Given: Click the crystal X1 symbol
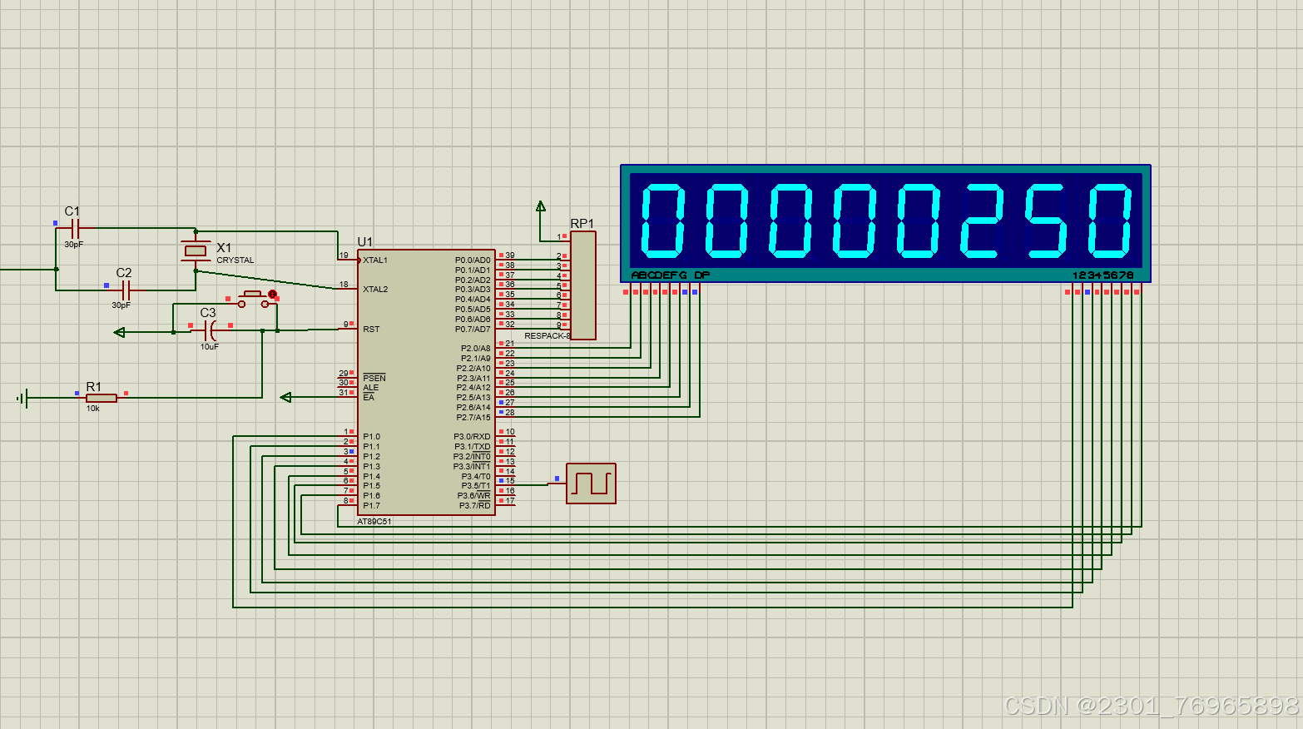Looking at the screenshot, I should (x=196, y=250).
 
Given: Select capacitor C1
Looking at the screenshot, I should (x=75, y=228).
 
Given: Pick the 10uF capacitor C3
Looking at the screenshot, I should (x=209, y=330).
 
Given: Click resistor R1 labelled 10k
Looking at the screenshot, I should (x=101, y=398).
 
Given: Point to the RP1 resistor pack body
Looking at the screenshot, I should (x=583, y=285).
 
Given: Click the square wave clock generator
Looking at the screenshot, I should (x=591, y=484).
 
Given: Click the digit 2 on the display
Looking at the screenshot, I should (x=980, y=221).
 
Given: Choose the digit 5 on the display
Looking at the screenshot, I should (x=1045, y=221).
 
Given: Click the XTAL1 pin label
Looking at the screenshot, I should (x=375, y=260).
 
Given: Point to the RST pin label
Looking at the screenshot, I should (x=371, y=330).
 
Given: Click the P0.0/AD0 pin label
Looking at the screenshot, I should (x=473, y=260).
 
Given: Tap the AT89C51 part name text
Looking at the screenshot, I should (x=374, y=522).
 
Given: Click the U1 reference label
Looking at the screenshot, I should (x=364, y=242).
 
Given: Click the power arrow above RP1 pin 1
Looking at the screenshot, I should (x=541, y=206).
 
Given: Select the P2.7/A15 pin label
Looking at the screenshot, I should (x=473, y=418).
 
